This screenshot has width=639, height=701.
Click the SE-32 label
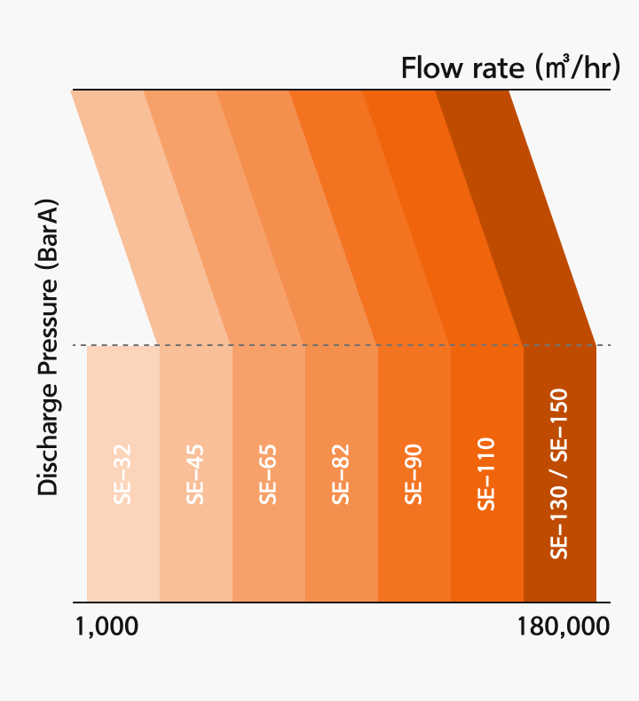[122, 474]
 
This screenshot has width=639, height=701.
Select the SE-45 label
[195, 474]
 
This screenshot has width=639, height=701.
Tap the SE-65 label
[268, 474]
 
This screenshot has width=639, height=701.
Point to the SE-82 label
[341, 474]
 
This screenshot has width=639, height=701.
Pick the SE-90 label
[414, 474]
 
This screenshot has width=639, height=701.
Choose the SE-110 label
[486, 474]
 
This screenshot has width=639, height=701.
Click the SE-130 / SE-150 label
[558, 474]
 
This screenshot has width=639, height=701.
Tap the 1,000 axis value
[106, 626]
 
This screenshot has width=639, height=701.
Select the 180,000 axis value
[564, 626]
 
